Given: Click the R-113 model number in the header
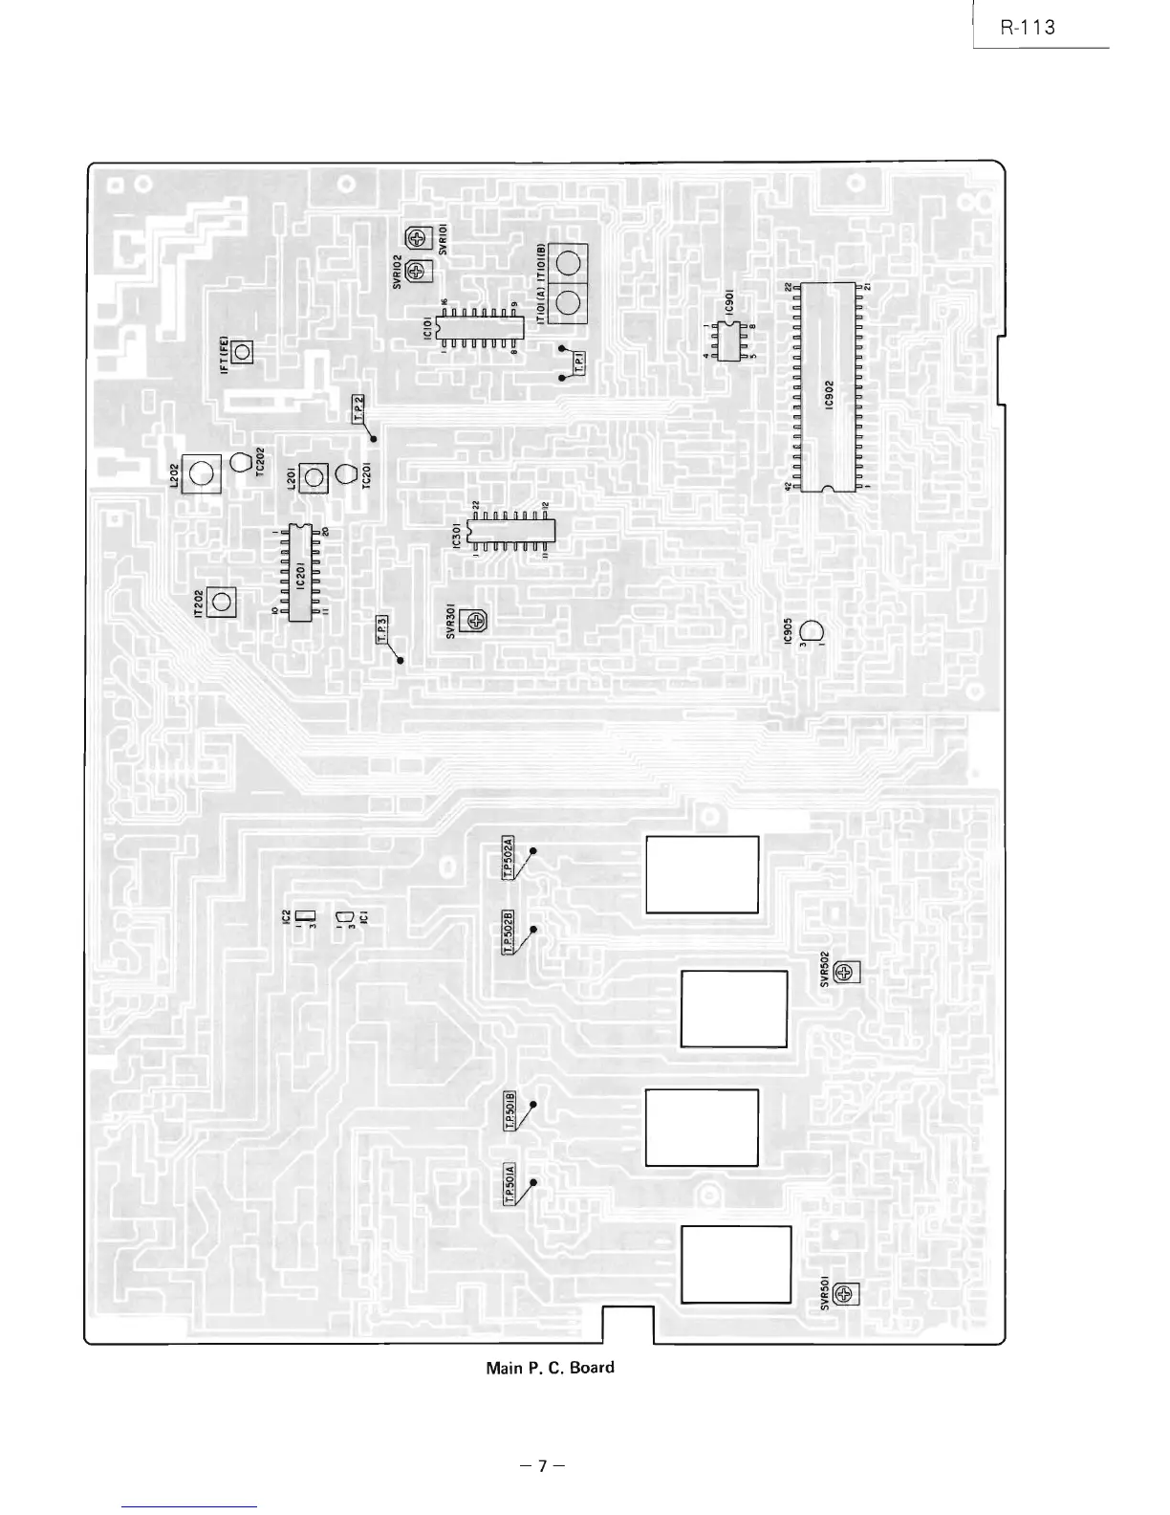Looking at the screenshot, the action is click(1028, 27).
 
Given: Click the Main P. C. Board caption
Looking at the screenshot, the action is click(550, 1367).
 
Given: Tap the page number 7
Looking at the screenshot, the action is click(542, 1464).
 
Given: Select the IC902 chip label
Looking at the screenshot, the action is click(830, 393).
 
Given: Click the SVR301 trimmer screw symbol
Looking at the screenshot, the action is click(474, 622).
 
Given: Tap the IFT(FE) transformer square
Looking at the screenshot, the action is click(242, 353).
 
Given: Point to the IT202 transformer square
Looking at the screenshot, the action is click(222, 602).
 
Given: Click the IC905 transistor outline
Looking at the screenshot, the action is click(812, 632).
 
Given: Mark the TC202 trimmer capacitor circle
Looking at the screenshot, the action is click(241, 462).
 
